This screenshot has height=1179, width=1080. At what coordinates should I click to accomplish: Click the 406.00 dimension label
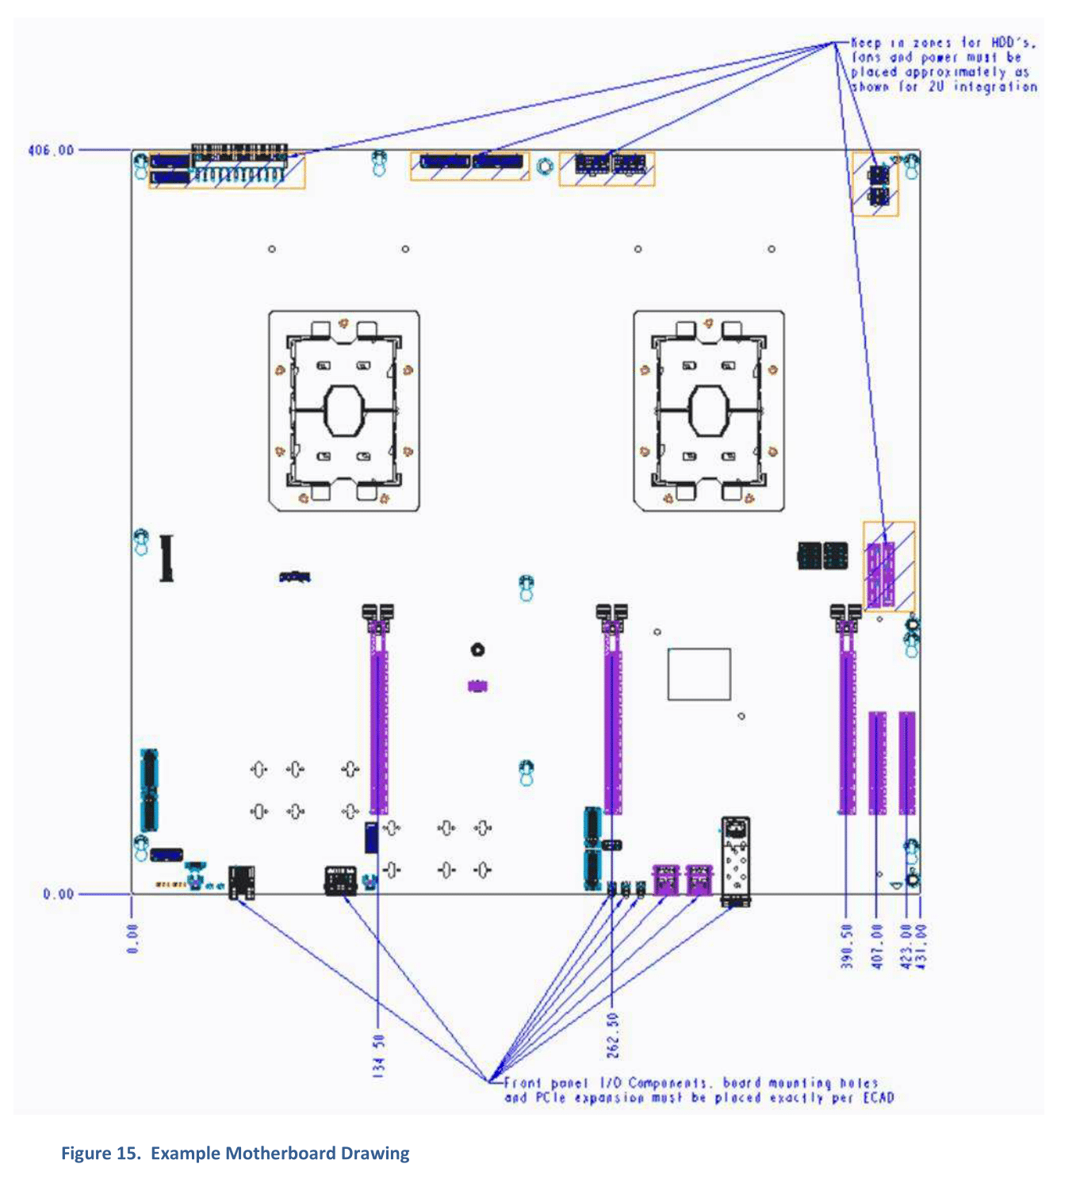pyautogui.click(x=51, y=150)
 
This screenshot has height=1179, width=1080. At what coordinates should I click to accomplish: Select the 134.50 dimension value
pyautogui.click(x=378, y=1055)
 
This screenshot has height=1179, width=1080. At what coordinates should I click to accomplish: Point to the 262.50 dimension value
pyautogui.click(x=612, y=1035)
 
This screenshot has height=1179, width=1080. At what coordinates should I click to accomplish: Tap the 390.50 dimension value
pyautogui.click(x=846, y=946)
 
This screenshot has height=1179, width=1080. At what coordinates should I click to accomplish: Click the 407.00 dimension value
pyautogui.click(x=876, y=946)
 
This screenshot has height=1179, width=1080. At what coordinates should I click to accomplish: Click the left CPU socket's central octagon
pyautogui.click(x=343, y=411)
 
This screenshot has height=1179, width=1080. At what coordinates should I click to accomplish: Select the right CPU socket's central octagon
pyautogui.click(x=708, y=411)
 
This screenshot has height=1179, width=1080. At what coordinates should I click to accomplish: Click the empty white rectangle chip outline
pyautogui.click(x=699, y=674)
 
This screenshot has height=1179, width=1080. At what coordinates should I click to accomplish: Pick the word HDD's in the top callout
pyautogui.click(x=1013, y=43)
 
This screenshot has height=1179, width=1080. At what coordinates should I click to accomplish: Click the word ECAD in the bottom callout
pyautogui.click(x=879, y=1097)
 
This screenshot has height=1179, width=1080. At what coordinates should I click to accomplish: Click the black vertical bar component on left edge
pyautogui.click(x=167, y=558)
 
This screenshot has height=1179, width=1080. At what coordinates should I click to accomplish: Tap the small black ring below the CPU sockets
pyautogui.click(x=477, y=650)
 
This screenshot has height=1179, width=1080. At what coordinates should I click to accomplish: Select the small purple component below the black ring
pyautogui.click(x=477, y=686)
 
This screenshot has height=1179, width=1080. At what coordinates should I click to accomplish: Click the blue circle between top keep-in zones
pyautogui.click(x=544, y=167)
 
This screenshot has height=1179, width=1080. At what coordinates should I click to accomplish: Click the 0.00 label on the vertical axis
pyautogui.click(x=58, y=894)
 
